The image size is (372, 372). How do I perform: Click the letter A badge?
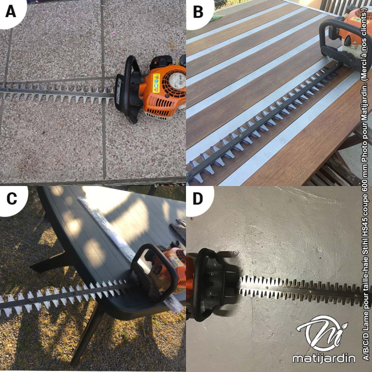click(x=11, y=11)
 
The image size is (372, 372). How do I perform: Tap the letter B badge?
click(x=198, y=11)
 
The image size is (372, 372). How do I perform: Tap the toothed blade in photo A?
click(x=57, y=92)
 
